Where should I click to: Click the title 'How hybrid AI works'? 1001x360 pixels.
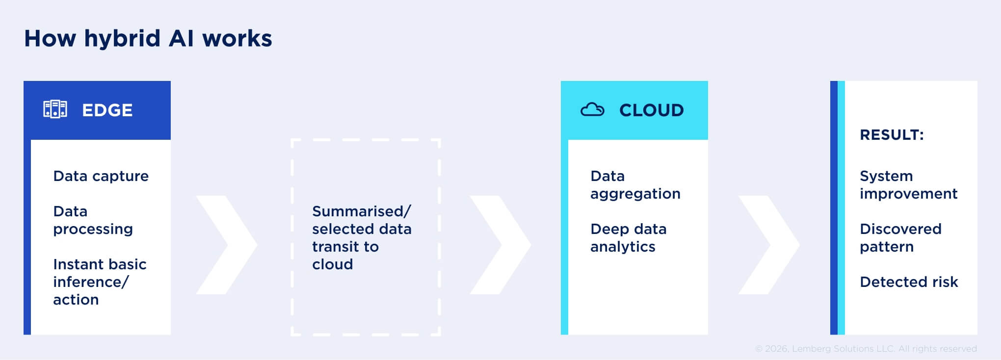[x=148, y=38]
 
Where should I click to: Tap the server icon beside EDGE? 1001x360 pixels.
[x=55, y=109]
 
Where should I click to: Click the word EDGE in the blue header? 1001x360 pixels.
[x=107, y=110]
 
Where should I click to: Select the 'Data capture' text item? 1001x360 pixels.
[x=101, y=176]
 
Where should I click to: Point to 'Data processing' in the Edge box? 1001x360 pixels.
[x=93, y=220]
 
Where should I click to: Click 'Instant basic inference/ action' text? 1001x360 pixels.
[x=100, y=282]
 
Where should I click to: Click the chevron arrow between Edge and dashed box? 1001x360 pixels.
[x=227, y=245]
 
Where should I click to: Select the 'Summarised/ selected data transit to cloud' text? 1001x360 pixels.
[x=362, y=238]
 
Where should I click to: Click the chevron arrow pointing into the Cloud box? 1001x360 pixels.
[x=500, y=245]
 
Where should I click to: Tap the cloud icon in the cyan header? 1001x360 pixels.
[x=592, y=110]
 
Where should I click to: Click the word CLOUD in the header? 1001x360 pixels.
[x=651, y=110]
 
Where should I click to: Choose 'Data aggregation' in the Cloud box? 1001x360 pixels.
[x=635, y=185]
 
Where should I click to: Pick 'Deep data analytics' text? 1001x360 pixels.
[x=628, y=238]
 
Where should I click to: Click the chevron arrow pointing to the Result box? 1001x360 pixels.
[x=768, y=245]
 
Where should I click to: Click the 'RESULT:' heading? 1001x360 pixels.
[x=892, y=135]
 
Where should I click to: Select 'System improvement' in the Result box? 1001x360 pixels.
[x=908, y=185]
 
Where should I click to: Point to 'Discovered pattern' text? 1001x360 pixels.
[x=900, y=238]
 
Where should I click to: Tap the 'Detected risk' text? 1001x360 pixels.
[x=909, y=282]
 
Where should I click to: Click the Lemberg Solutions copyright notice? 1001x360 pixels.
[x=866, y=349]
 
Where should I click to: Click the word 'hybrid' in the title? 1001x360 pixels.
[x=122, y=38]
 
